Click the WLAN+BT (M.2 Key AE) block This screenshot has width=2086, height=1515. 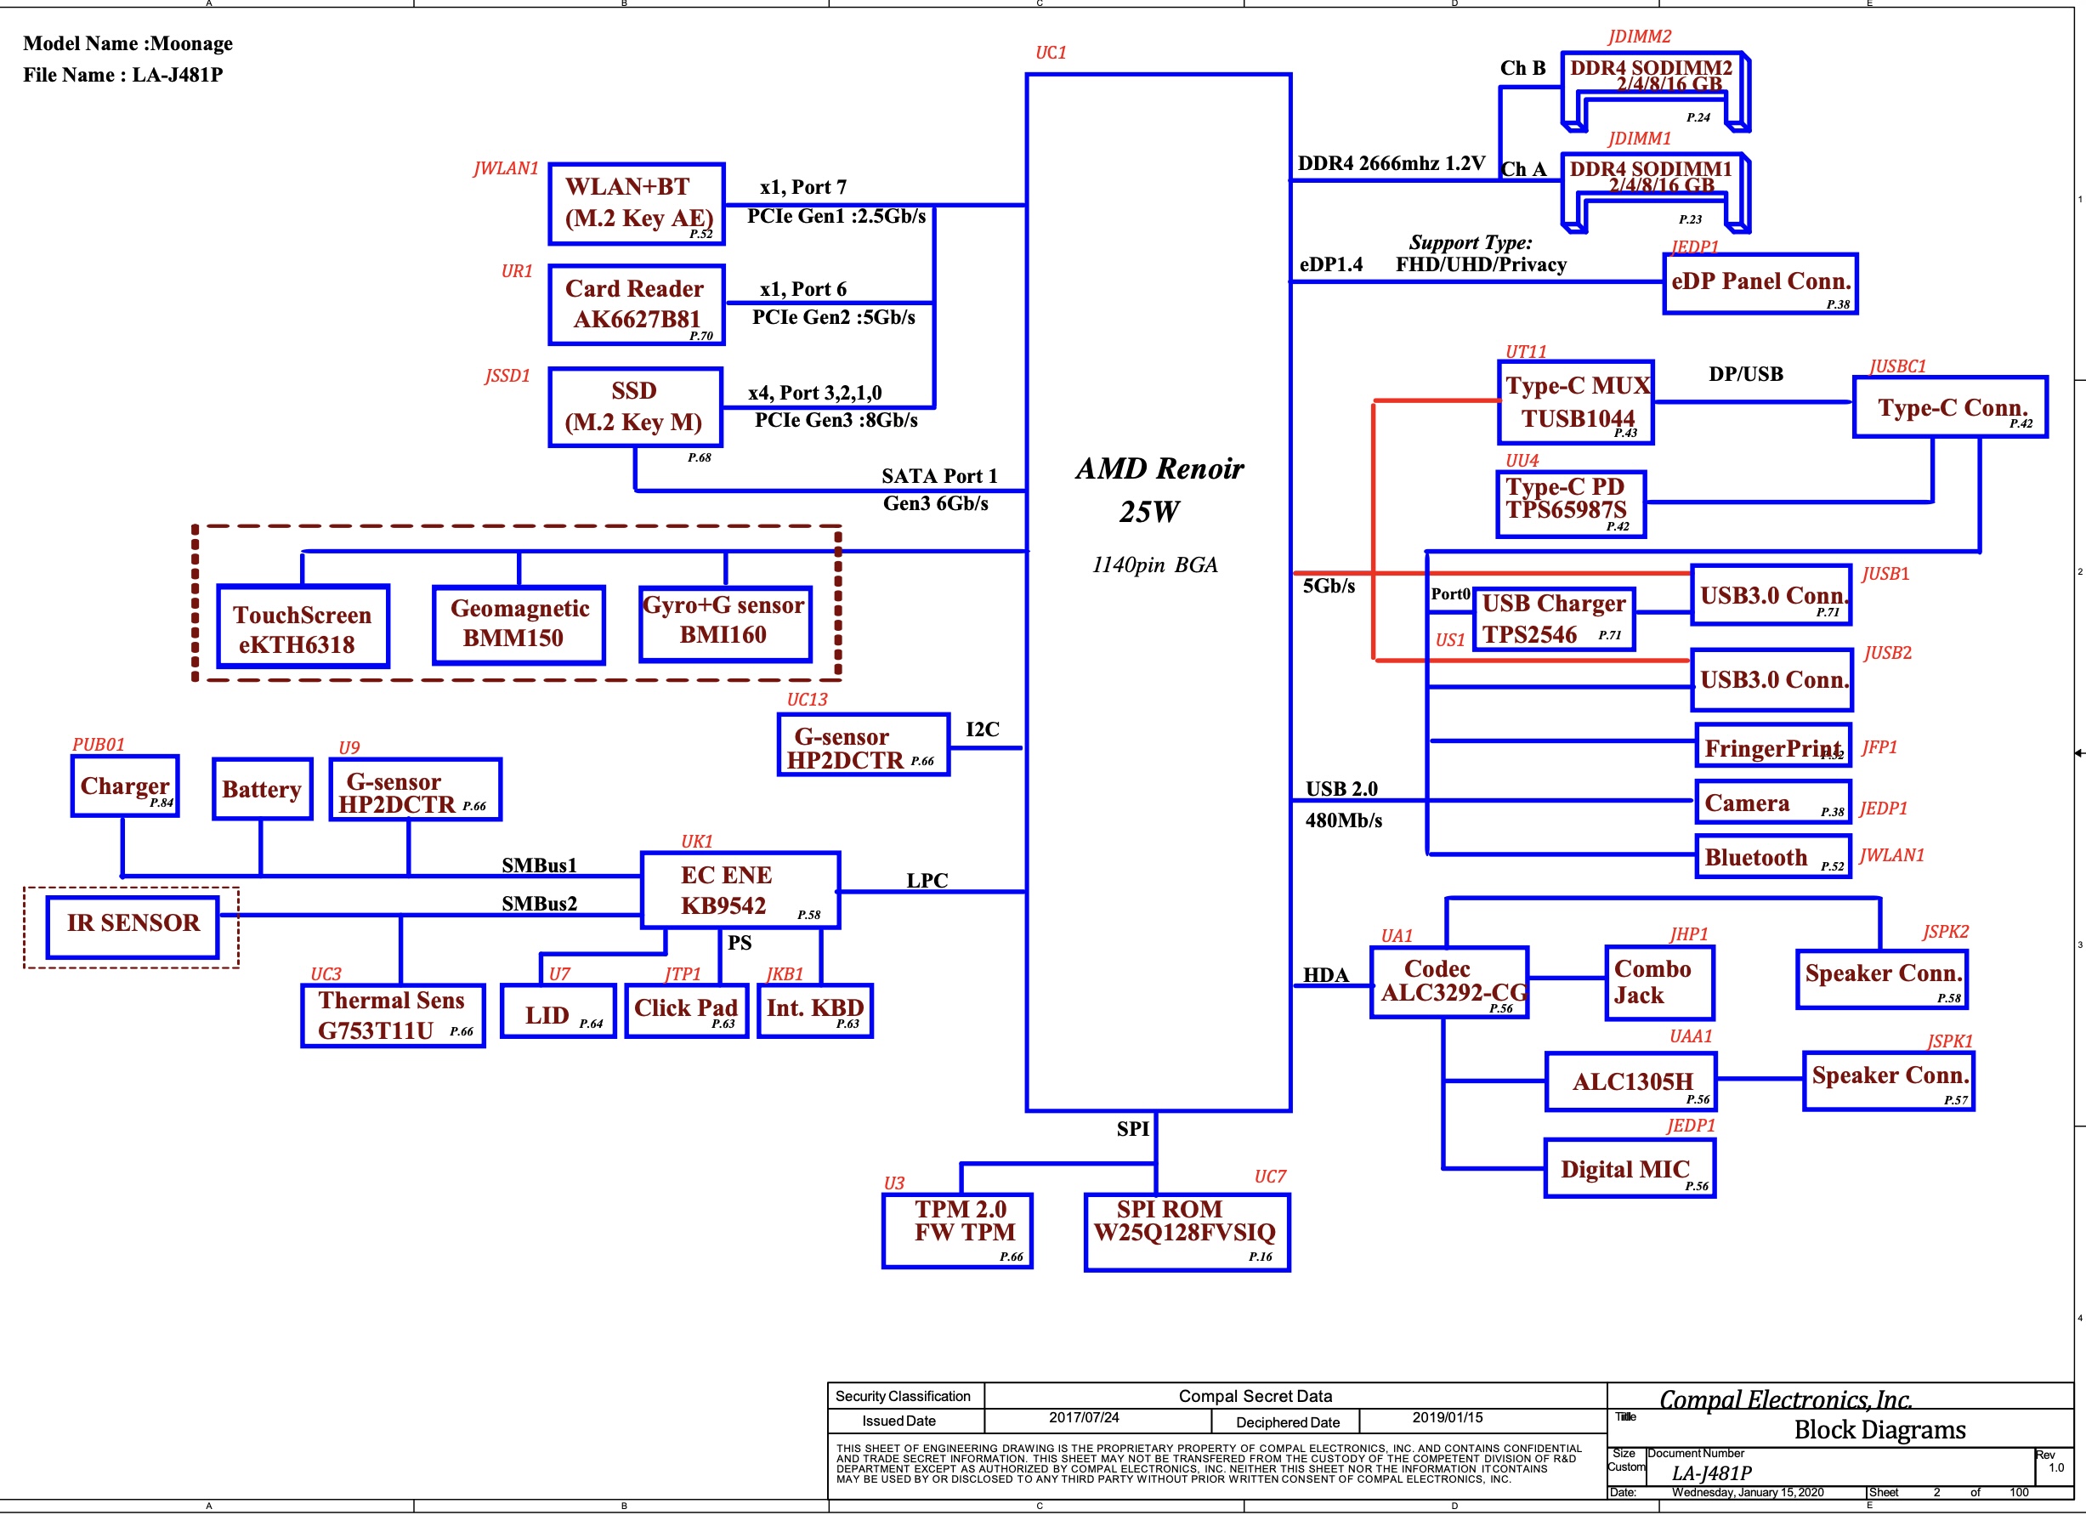click(637, 203)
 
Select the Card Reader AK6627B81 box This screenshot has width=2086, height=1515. click(637, 304)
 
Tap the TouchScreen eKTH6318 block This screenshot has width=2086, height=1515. click(303, 627)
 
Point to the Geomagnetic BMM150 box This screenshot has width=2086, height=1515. click(519, 625)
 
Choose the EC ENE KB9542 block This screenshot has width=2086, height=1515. click(740, 889)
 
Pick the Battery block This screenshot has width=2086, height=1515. click(262, 788)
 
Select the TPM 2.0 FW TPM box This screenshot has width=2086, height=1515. click(957, 1230)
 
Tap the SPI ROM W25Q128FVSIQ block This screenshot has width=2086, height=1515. click(1187, 1232)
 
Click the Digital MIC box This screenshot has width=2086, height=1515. click(1630, 1168)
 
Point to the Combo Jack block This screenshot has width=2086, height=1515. click(1658, 983)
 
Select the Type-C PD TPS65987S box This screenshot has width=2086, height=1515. click(1571, 503)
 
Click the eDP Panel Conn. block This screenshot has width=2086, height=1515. click(1760, 283)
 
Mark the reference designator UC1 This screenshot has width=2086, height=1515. click(1051, 53)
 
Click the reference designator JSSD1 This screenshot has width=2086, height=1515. click(507, 375)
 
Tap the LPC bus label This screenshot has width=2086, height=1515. click(927, 880)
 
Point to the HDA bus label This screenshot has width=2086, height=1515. click(1325, 975)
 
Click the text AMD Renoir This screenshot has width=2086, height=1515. click(1159, 469)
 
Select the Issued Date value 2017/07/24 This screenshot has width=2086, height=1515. click(1084, 1417)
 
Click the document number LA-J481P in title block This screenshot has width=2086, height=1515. click(1712, 1472)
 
